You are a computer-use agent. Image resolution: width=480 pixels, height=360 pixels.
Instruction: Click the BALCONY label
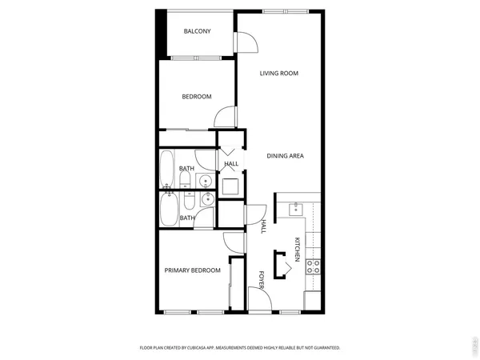(x=197, y=31)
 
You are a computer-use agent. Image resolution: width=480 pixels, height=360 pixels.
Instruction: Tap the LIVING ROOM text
(x=278, y=74)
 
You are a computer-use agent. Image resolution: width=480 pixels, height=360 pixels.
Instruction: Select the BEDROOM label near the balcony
(x=196, y=97)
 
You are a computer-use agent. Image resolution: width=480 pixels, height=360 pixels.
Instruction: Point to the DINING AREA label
(x=285, y=156)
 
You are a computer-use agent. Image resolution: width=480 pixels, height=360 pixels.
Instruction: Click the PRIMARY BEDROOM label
(x=192, y=270)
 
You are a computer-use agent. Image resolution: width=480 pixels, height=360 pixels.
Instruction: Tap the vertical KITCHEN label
(x=297, y=250)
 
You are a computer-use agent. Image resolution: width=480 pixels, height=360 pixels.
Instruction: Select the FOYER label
(x=262, y=279)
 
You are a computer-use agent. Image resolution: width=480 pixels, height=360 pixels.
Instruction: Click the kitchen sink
(x=296, y=210)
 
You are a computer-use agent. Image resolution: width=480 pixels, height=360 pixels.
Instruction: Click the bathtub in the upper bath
(x=168, y=167)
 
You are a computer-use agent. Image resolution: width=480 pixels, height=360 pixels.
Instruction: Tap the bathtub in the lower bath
(x=169, y=210)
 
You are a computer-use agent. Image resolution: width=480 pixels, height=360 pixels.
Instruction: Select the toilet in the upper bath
(x=188, y=181)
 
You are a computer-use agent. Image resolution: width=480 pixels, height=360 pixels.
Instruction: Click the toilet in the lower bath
(x=188, y=198)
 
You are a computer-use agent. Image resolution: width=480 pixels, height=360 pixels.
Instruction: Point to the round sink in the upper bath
(x=206, y=180)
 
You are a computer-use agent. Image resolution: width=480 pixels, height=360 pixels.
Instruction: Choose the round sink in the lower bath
(x=206, y=198)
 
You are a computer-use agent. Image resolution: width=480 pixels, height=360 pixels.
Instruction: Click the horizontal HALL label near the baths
(x=231, y=164)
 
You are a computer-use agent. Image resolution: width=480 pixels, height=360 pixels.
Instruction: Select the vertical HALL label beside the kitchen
(x=263, y=227)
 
